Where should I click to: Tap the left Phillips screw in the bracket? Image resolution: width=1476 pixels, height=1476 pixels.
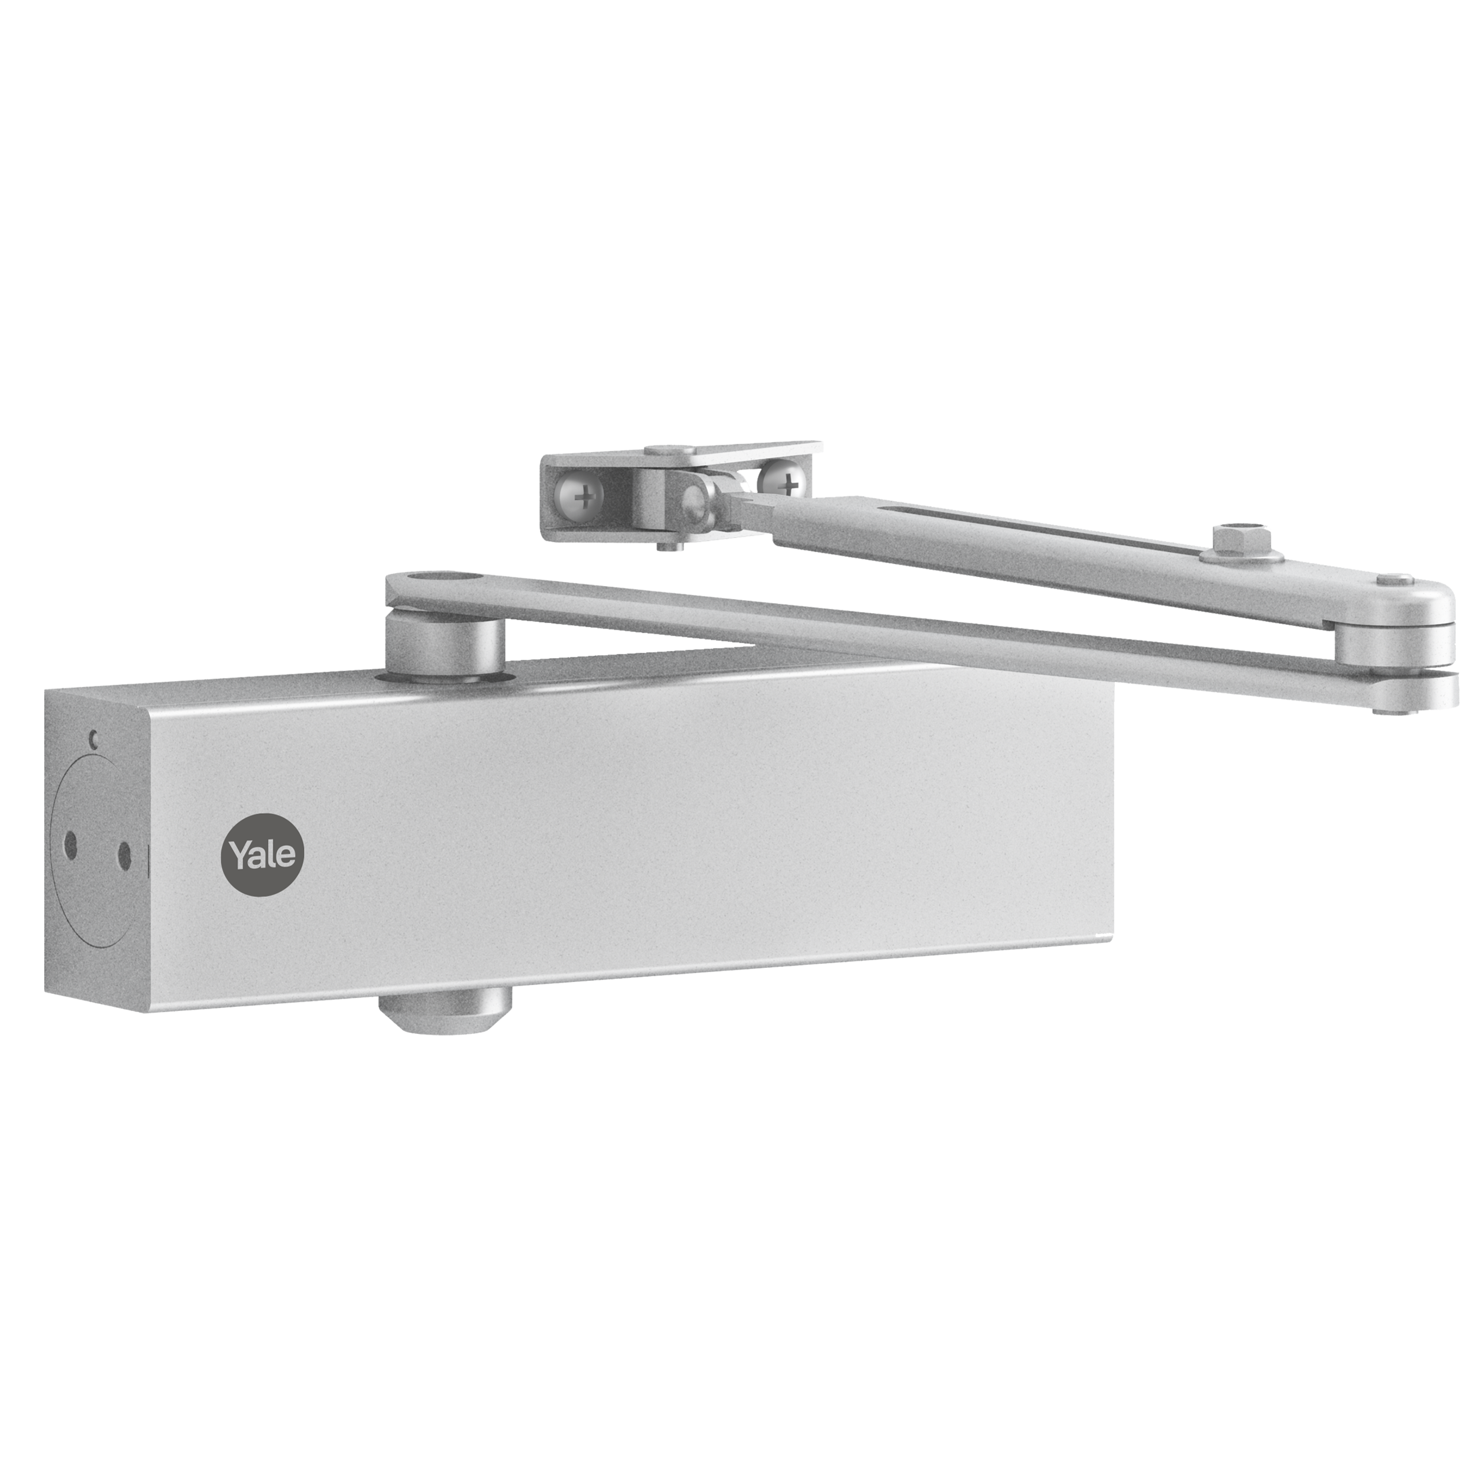point(584,499)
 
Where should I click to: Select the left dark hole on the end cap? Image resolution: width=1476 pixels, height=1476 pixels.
point(71,845)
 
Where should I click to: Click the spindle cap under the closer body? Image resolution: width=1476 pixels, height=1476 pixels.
point(443,1014)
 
